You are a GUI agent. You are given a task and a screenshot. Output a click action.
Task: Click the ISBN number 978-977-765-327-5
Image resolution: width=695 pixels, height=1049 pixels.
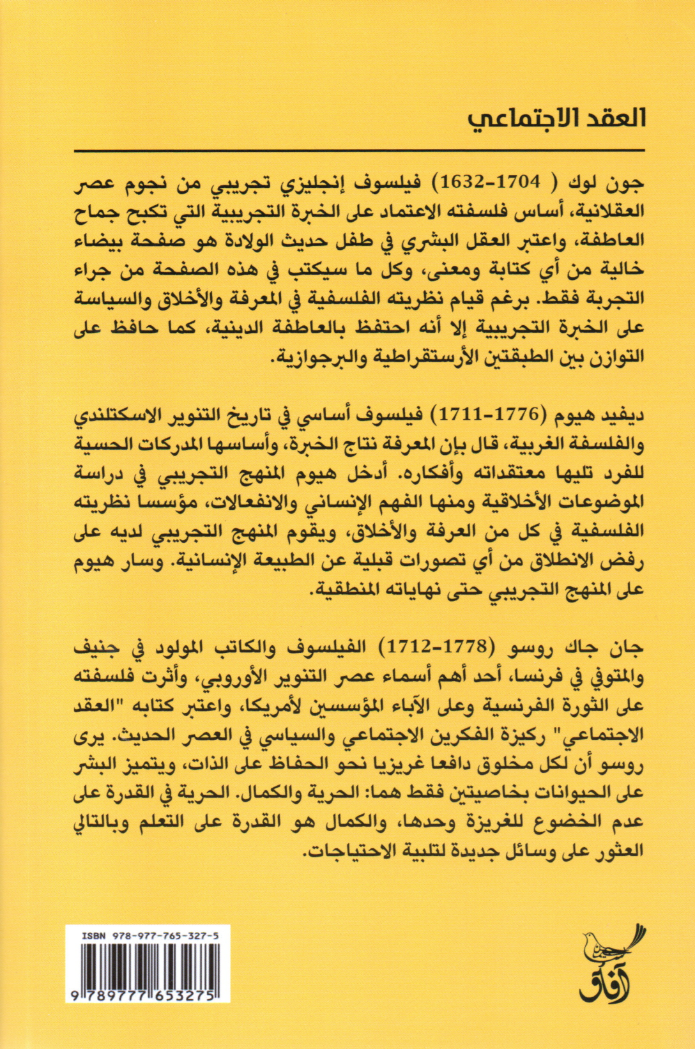point(157,936)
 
